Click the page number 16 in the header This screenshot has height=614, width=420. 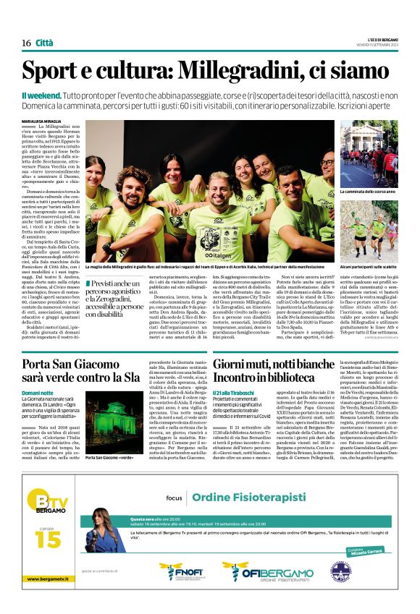pos(26,43)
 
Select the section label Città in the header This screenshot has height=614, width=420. pos(44,43)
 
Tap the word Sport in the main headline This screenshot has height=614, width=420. pos(54,71)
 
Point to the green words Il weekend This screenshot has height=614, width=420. pos(39,95)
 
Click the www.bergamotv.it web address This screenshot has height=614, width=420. pos(53,579)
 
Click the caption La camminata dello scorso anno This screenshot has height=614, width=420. pos(369,192)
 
